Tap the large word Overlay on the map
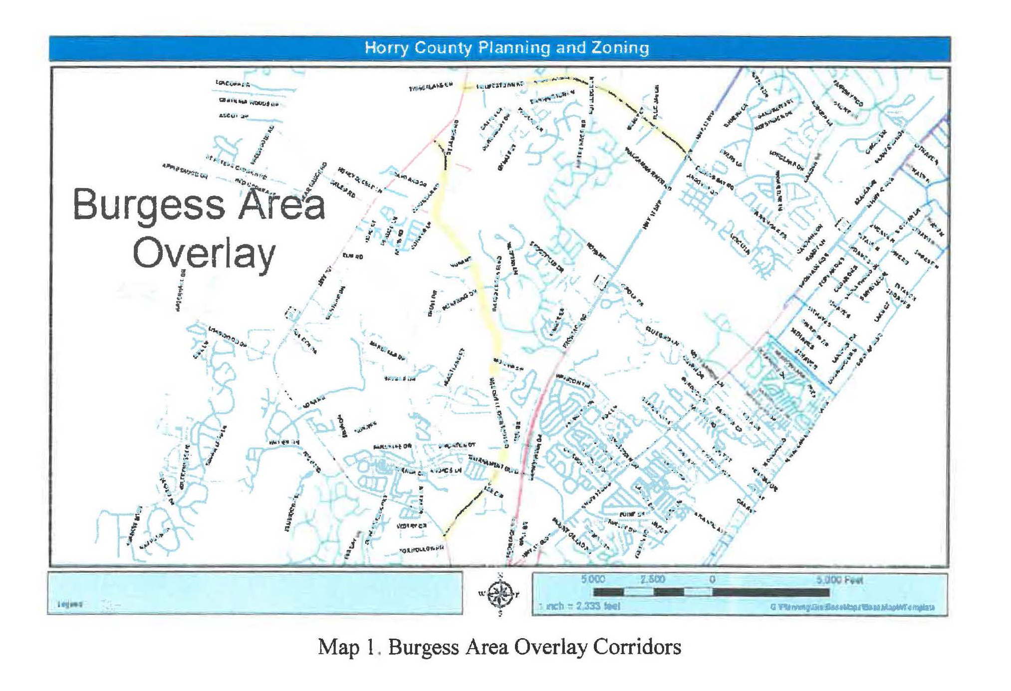pos(204,253)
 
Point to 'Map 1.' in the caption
pos(346,647)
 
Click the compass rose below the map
pos(501,594)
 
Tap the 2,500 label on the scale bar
pos(653,580)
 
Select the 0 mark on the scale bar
pos(712,580)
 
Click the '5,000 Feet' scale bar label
pos(839,580)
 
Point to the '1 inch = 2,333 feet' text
pos(580,606)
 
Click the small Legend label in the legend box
pos(70,604)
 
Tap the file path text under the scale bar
pos(852,607)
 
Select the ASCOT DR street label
pos(233,116)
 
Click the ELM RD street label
pos(353,256)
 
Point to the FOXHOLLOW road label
pos(422,550)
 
